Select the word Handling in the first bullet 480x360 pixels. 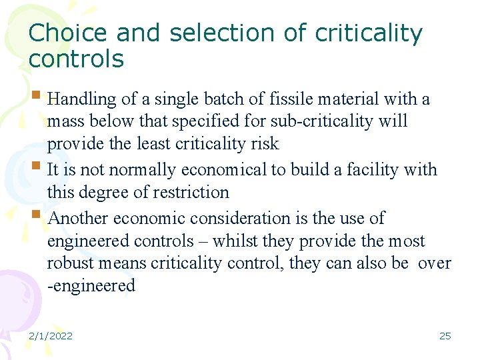point(83,99)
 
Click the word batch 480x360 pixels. point(207,99)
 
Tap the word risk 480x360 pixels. point(263,144)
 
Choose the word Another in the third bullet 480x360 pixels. point(79,219)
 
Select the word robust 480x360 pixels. point(67,263)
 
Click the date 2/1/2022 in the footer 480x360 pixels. point(51,336)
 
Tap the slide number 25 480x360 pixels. point(445,336)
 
